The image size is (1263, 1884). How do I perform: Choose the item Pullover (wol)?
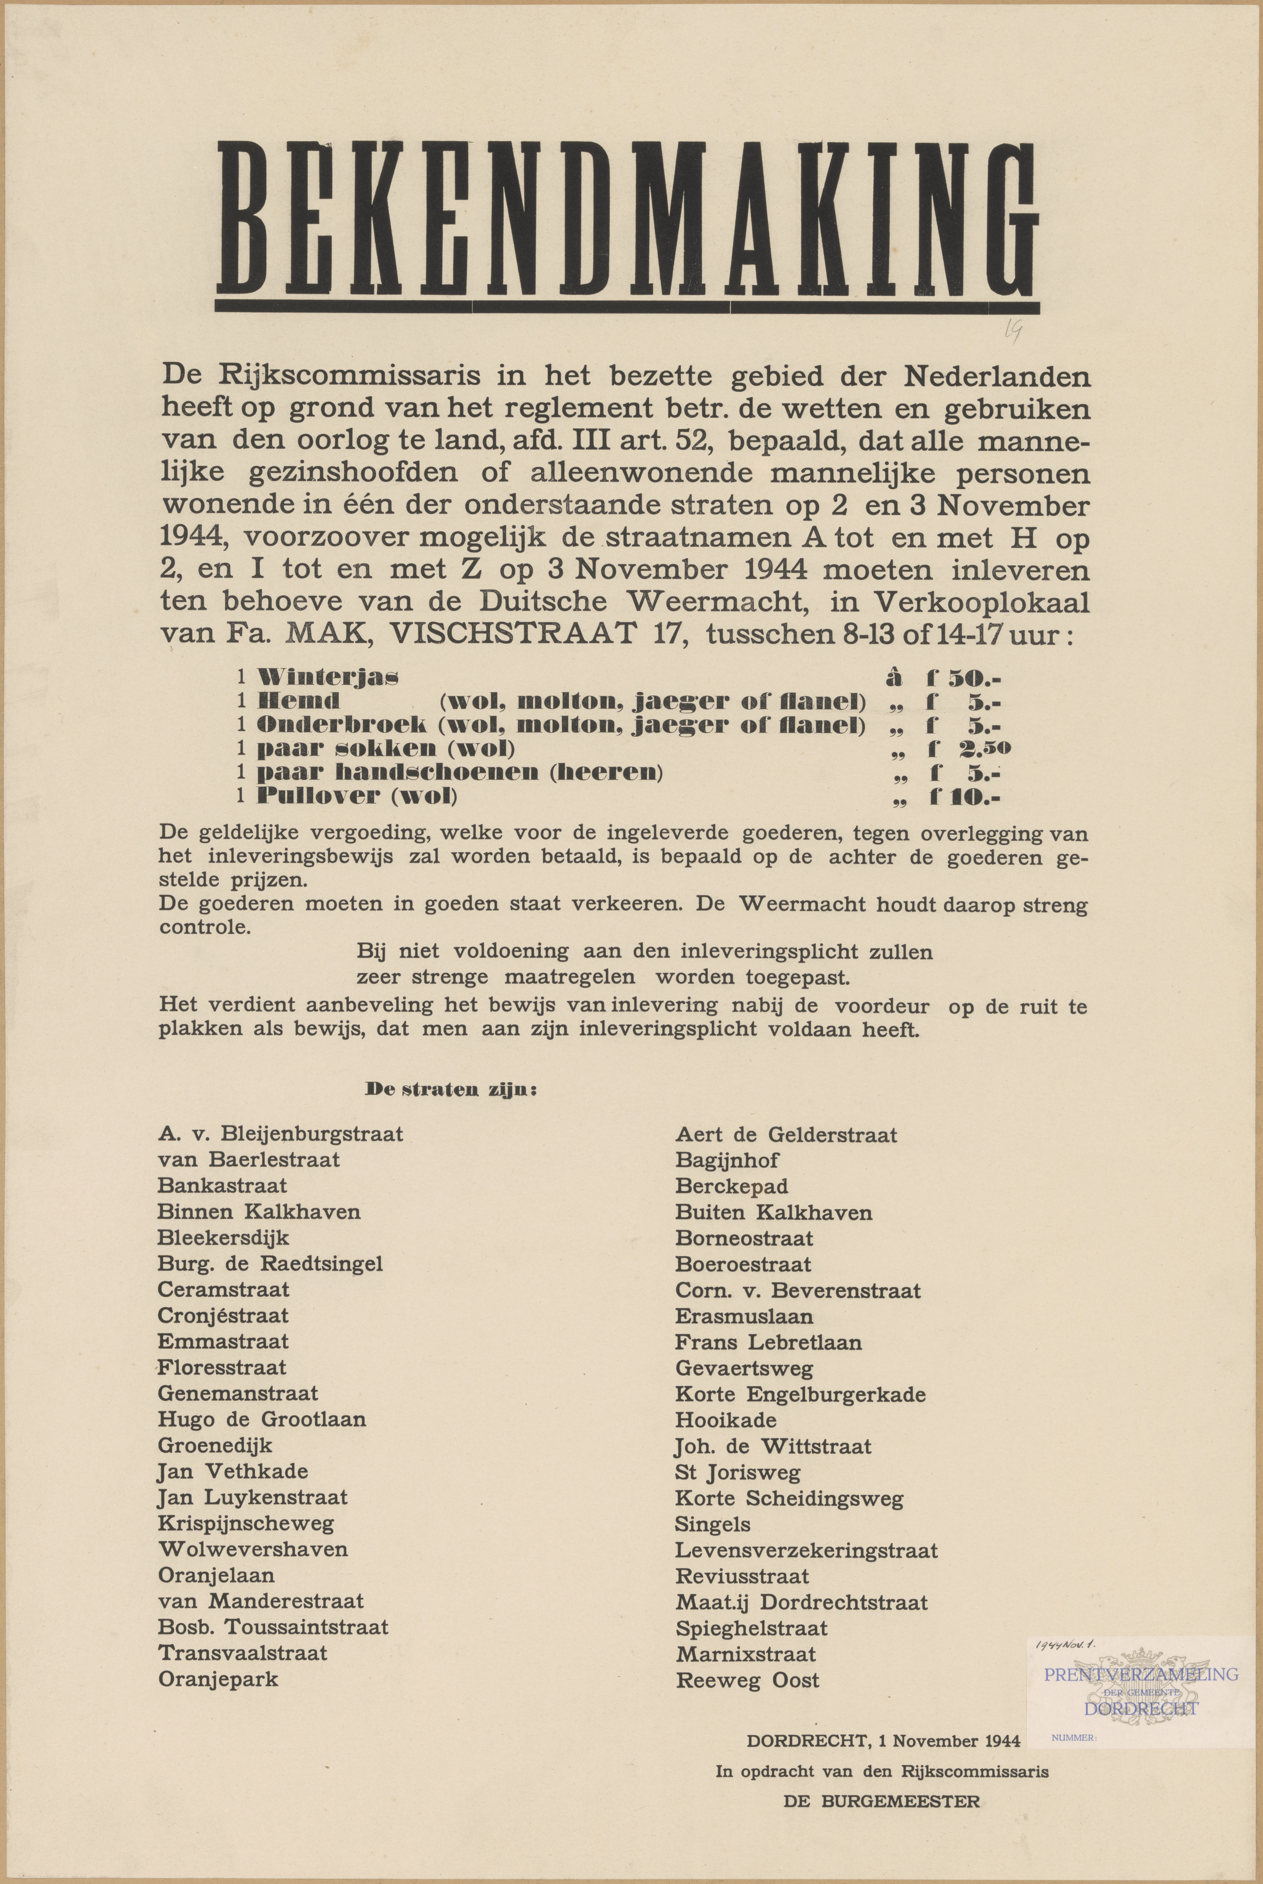click(x=356, y=796)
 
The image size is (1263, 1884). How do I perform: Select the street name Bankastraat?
click(x=222, y=1185)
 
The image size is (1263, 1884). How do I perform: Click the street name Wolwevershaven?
click(x=253, y=1549)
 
